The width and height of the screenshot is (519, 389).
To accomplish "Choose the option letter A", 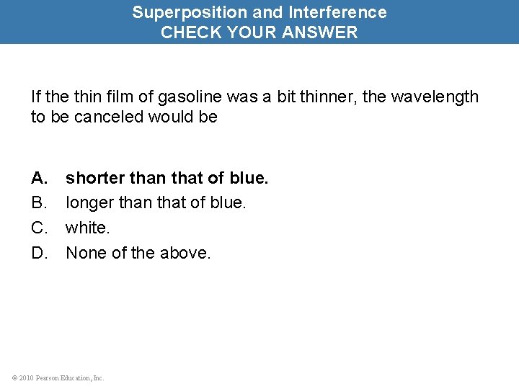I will pos(38,178).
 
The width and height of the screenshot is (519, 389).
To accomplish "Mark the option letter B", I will pos(38,203).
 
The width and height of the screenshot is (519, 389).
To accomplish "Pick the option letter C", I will pos(38,228).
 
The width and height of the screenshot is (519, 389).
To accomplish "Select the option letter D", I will pos(38,254).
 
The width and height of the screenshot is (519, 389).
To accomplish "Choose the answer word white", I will pos(86,228).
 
